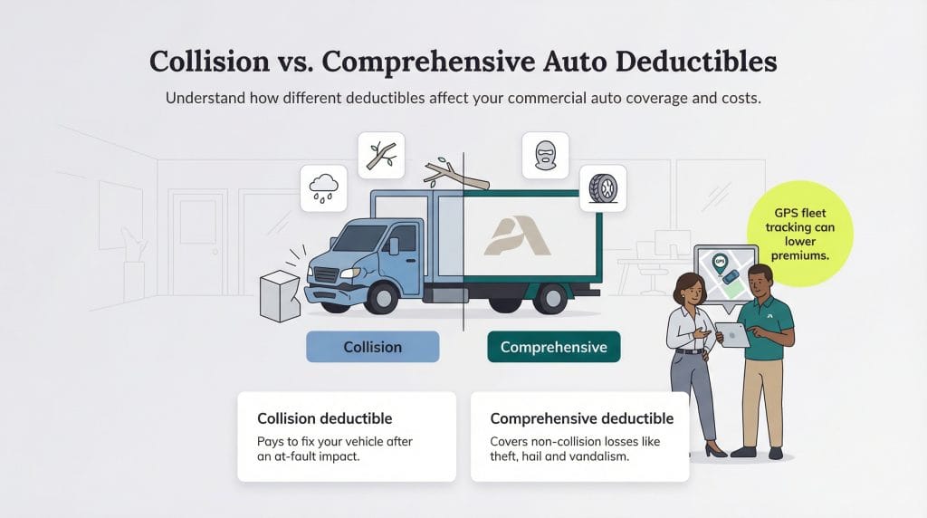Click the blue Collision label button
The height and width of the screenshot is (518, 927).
372,347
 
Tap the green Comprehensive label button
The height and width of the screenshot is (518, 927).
553,347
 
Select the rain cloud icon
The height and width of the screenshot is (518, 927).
323,187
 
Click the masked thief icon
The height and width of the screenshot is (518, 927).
545,155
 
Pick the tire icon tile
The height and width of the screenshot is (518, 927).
602,187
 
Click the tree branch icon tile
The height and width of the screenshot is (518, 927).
380,155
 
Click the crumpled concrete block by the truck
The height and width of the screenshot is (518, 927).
279,293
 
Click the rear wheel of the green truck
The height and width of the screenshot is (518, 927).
550,297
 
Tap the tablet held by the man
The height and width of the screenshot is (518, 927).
733,335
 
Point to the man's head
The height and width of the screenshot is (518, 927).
760,279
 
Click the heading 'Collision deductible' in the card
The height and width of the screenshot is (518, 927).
324,418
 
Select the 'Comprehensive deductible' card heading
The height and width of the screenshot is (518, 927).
581,418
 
